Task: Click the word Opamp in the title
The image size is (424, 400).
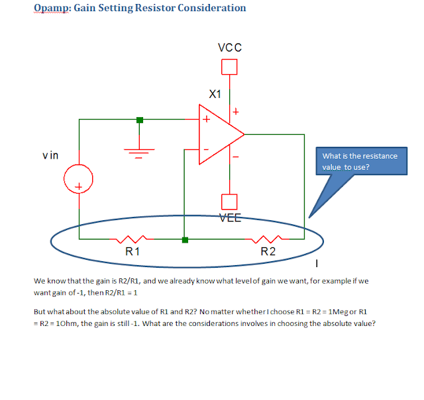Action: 49,9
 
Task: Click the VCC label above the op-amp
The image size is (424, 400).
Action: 230,48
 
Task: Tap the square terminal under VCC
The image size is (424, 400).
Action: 229,66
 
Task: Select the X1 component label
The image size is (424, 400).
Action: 215,94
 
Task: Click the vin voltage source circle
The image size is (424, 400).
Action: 78,179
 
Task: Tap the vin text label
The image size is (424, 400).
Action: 50,155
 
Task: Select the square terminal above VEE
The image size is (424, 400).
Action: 229,202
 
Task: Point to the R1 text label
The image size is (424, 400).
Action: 132,251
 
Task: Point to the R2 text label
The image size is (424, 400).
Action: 268,251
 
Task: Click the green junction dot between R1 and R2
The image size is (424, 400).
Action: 185,239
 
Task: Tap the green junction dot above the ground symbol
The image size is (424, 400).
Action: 139,120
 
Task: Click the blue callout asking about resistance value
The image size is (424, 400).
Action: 360,162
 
